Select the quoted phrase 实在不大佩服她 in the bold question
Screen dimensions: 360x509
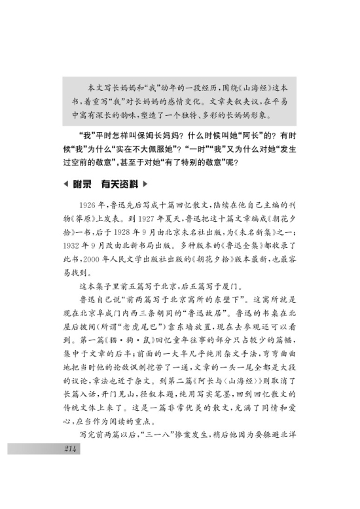click(x=153, y=149)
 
